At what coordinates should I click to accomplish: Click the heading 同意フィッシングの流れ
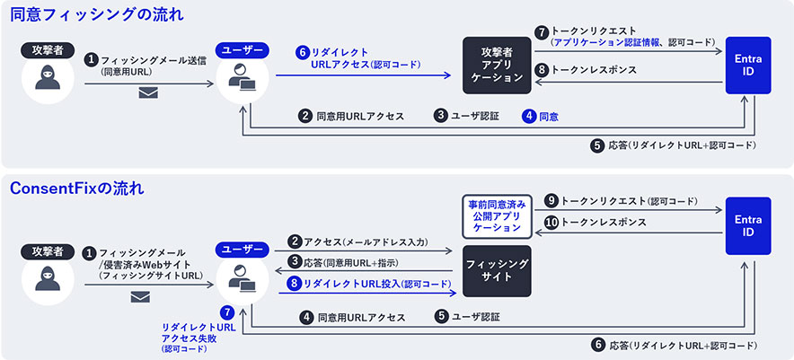97,14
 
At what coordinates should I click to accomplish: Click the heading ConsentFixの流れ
77,189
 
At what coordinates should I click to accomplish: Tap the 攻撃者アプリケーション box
497,66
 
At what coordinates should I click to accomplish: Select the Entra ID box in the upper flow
748,66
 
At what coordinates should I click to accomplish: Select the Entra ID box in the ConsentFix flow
748,226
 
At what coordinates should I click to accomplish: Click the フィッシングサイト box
497,271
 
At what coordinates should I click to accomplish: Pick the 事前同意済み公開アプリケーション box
497,216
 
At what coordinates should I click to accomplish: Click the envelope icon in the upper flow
148,92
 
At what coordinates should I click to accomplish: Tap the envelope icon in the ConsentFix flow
140,297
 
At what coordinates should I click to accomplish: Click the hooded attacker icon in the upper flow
48,77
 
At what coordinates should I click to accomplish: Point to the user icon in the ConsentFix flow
242,278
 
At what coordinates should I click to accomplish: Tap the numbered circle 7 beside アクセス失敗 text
227,312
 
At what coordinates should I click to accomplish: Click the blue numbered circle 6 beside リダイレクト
303,52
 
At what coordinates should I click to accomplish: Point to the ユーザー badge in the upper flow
242,50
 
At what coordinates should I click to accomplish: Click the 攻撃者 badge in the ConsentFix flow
48,251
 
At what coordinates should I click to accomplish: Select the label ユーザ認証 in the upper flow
475,116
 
